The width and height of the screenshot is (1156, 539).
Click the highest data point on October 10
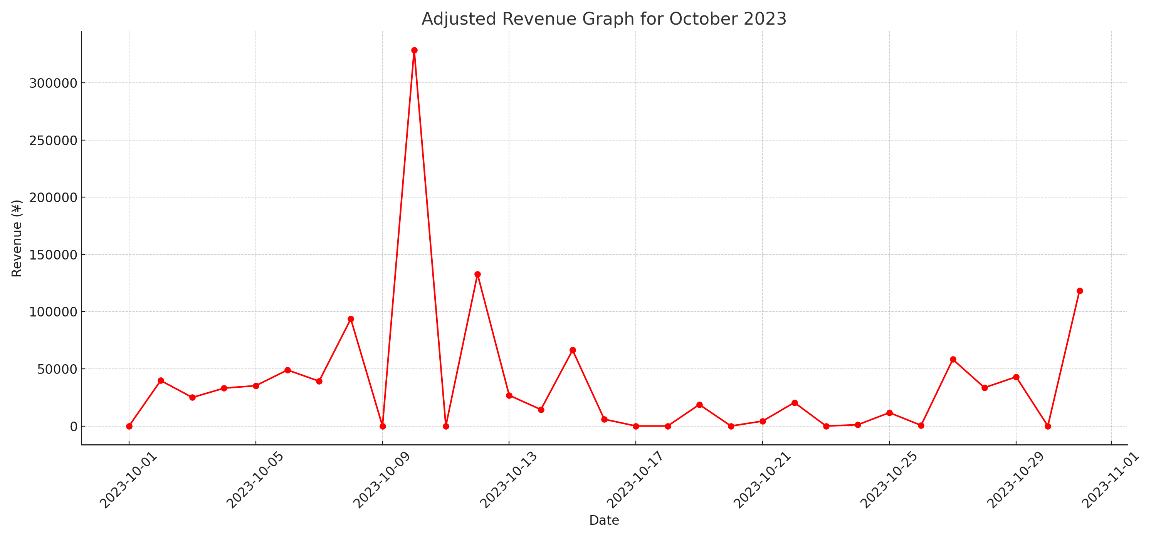click(x=414, y=50)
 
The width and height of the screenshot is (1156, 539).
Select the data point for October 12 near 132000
click(x=477, y=275)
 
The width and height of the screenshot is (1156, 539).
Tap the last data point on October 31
click(x=1080, y=291)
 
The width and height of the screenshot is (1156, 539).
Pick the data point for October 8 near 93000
click(x=351, y=319)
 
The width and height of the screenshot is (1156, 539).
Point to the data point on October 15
click(x=573, y=350)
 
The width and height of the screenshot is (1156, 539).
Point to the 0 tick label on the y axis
click(x=74, y=427)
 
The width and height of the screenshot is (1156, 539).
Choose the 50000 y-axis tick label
click(x=57, y=369)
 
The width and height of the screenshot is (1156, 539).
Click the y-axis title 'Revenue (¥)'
click(x=17, y=239)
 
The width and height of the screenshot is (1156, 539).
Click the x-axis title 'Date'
click(x=604, y=521)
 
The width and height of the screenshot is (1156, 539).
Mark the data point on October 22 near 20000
click(x=795, y=403)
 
